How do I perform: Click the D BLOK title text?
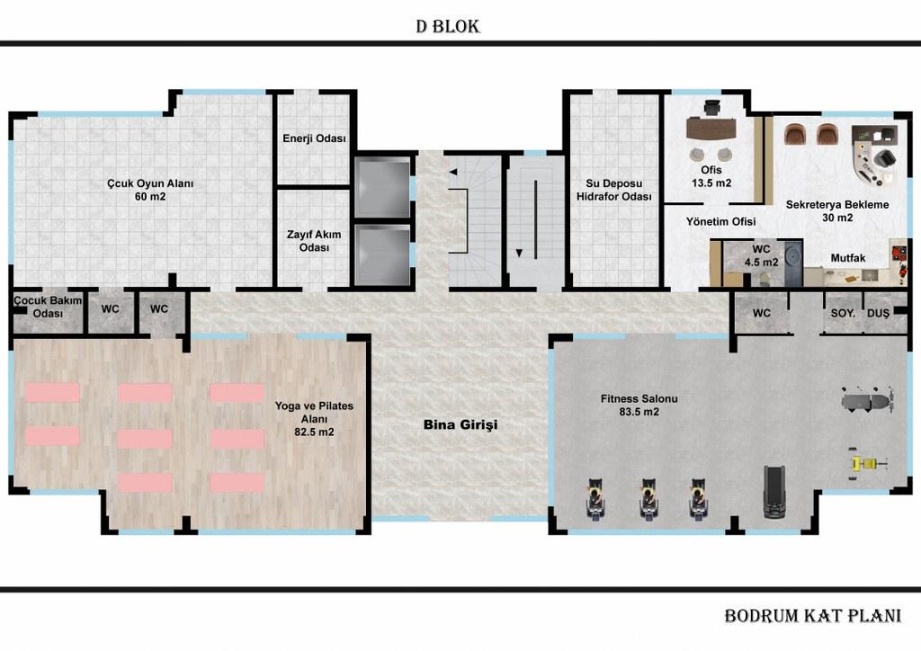(x=448, y=26)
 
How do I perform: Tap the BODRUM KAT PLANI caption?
(x=812, y=616)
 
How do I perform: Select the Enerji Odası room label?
(x=314, y=138)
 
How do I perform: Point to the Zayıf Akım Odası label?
(x=314, y=241)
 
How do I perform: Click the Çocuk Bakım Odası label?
(x=49, y=307)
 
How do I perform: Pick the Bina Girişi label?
(x=460, y=424)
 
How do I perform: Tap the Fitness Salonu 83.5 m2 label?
(x=639, y=405)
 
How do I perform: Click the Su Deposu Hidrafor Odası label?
(x=613, y=191)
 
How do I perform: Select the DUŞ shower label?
(x=878, y=314)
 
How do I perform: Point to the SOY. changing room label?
(x=843, y=314)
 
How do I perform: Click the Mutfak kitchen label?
(x=847, y=258)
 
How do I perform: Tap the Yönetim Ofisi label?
(x=720, y=221)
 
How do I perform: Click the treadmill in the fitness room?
(x=774, y=492)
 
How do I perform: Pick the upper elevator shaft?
(x=382, y=188)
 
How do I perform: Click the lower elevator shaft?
(x=382, y=254)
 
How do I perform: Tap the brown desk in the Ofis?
(x=711, y=128)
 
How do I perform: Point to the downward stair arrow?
(x=519, y=253)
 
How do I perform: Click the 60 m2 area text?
(x=150, y=197)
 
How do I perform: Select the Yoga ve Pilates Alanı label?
(x=314, y=418)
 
